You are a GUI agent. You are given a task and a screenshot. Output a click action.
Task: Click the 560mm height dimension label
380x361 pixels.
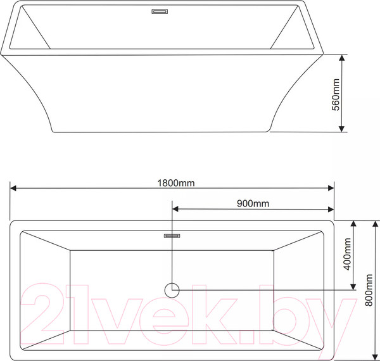(337, 93)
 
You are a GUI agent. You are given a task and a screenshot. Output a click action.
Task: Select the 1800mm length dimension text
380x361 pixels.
(175, 183)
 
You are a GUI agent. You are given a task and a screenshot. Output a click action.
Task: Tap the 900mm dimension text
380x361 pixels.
(253, 203)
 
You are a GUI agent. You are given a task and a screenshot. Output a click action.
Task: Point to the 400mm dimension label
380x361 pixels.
(346, 254)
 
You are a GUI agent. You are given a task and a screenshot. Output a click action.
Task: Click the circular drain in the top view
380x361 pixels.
(172, 290)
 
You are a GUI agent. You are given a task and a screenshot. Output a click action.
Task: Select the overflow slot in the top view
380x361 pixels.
(172, 236)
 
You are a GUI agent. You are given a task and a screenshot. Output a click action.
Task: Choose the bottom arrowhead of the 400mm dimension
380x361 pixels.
(354, 286)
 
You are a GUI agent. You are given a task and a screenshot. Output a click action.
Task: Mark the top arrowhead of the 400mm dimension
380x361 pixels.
(354, 224)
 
